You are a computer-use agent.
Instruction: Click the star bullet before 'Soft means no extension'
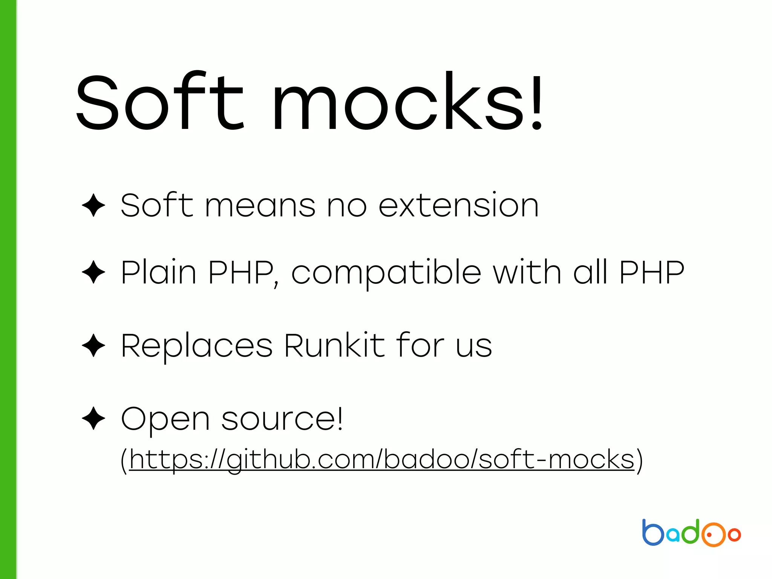pyautogui.click(x=93, y=205)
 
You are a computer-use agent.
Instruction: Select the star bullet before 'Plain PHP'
pyautogui.click(x=93, y=272)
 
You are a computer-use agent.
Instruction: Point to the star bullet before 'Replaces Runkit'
pyautogui.click(x=93, y=345)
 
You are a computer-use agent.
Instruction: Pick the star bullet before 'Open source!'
pyautogui.click(x=93, y=418)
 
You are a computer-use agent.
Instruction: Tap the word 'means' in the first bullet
pyautogui.click(x=260, y=207)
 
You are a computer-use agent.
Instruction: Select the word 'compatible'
pyautogui.click(x=386, y=273)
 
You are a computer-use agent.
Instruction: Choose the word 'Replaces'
pyautogui.click(x=196, y=346)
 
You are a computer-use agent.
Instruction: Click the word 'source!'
pyautogui.click(x=282, y=419)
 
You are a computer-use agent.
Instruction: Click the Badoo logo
pyautogui.click(x=691, y=533)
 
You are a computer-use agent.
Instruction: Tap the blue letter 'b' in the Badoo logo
pyautogui.click(x=653, y=533)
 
